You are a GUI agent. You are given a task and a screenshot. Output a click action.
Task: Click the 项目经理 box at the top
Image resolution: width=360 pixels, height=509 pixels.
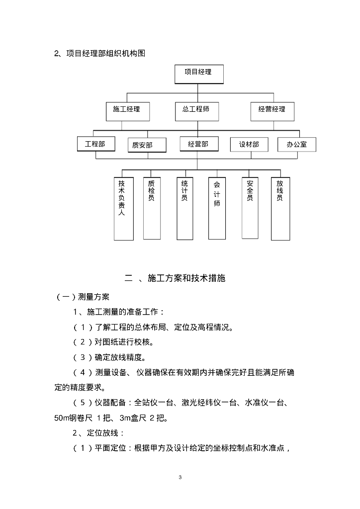(x=198, y=73)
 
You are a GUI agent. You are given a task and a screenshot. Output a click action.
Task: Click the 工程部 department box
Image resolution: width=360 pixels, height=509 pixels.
(x=96, y=144)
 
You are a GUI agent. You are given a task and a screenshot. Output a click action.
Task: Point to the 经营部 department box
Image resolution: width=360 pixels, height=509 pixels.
(x=198, y=144)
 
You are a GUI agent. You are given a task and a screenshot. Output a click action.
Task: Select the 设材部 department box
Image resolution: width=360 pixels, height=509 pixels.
(x=249, y=145)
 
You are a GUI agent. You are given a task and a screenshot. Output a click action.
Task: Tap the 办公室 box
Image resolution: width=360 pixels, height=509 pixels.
(x=296, y=145)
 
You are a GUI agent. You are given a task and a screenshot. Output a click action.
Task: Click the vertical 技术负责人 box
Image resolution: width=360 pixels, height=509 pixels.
(x=123, y=209)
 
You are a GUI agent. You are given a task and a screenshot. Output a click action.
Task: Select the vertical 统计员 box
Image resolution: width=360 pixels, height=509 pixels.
(x=184, y=208)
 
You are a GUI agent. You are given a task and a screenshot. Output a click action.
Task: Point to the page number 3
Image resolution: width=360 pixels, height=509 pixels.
(x=180, y=478)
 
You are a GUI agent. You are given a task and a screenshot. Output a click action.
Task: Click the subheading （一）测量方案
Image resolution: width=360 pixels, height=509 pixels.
(x=79, y=297)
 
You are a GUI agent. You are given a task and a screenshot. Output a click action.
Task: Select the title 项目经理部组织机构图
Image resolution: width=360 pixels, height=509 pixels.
(x=105, y=54)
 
